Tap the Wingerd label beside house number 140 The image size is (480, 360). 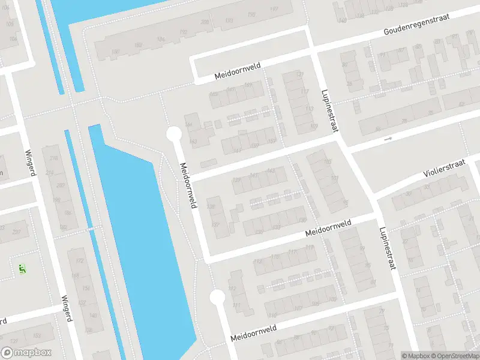click(x=66, y=308)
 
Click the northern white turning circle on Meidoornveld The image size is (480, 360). click(x=173, y=133)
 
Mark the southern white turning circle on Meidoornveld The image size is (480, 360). click(x=217, y=296)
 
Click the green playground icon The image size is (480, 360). click(x=22, y=268)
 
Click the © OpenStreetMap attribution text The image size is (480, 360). click(x=455, y=356)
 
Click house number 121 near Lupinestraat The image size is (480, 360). click(x=299, y=74)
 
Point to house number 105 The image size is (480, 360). click(x=328, y=162)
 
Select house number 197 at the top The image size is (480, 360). click(x=275, y=8)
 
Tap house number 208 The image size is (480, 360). click(x=205, y=22)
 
